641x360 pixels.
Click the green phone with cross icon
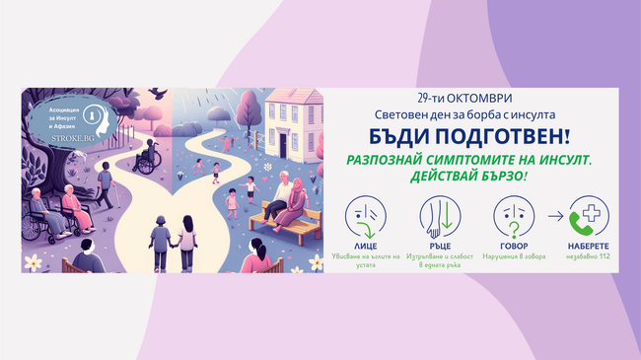(x=589, y=216)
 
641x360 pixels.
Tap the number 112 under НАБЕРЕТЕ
(x=600, y=255)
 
